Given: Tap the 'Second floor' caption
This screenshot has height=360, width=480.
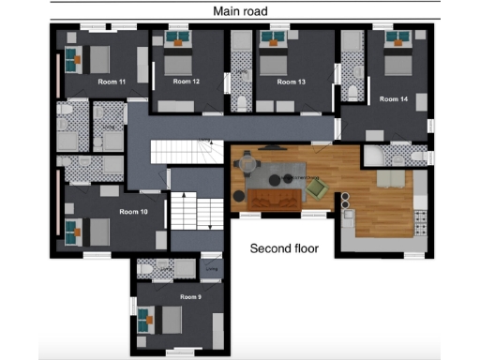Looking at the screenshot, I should click(284, 249).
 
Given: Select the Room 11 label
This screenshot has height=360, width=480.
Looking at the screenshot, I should click(112, 82).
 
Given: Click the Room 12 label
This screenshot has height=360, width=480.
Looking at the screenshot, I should click(187, 82).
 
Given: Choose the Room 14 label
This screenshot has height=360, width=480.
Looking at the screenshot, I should click(394, 97).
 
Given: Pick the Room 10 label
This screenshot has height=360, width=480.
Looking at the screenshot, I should click(134, 212).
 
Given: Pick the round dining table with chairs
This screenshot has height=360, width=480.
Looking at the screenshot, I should click(247, 165).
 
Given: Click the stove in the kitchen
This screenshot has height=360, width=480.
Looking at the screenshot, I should click(418, 222).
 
